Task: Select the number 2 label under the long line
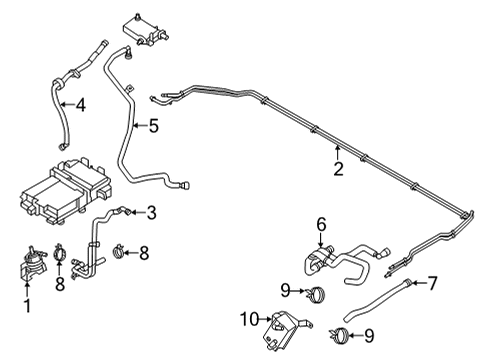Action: pos(339,169)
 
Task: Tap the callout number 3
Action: pos(151,211)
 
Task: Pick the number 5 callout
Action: pos(153,126)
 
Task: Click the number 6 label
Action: pos(322,224)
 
